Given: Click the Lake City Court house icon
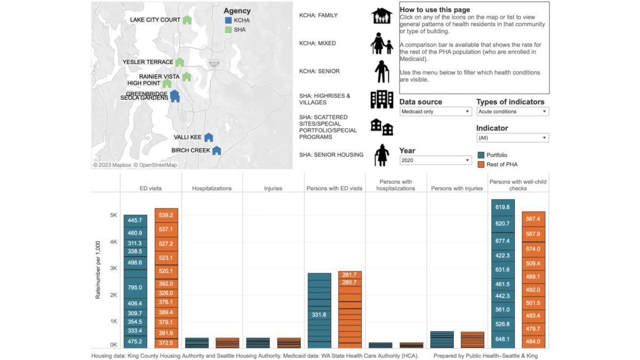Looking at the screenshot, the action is (187, 20).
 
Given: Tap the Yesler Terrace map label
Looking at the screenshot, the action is (148, 62).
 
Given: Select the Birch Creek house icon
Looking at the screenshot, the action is (217, 150).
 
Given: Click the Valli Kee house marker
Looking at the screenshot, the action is (209, 138).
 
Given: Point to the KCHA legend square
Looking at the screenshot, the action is (228, 20).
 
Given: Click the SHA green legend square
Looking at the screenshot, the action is (228, 30).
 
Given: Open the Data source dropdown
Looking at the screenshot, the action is (435, 111).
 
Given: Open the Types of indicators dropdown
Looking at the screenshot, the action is (513, 111).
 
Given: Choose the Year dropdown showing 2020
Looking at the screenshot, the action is (435, 161).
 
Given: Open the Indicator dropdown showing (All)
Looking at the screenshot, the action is (513, 138).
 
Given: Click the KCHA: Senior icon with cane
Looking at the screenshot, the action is (382, 71).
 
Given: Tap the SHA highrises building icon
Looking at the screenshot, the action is (382, 99).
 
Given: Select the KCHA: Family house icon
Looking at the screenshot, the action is (382, 15).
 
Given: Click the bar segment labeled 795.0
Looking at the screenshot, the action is (135, 287).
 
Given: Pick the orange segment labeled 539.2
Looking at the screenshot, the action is (166, 215).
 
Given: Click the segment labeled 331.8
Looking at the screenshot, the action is (319, 315).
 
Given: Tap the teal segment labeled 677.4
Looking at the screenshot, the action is (503, 241).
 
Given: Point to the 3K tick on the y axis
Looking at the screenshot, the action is (114, 268).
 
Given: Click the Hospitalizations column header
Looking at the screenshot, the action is (212, 188).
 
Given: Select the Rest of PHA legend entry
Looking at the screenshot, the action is (498, 165).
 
